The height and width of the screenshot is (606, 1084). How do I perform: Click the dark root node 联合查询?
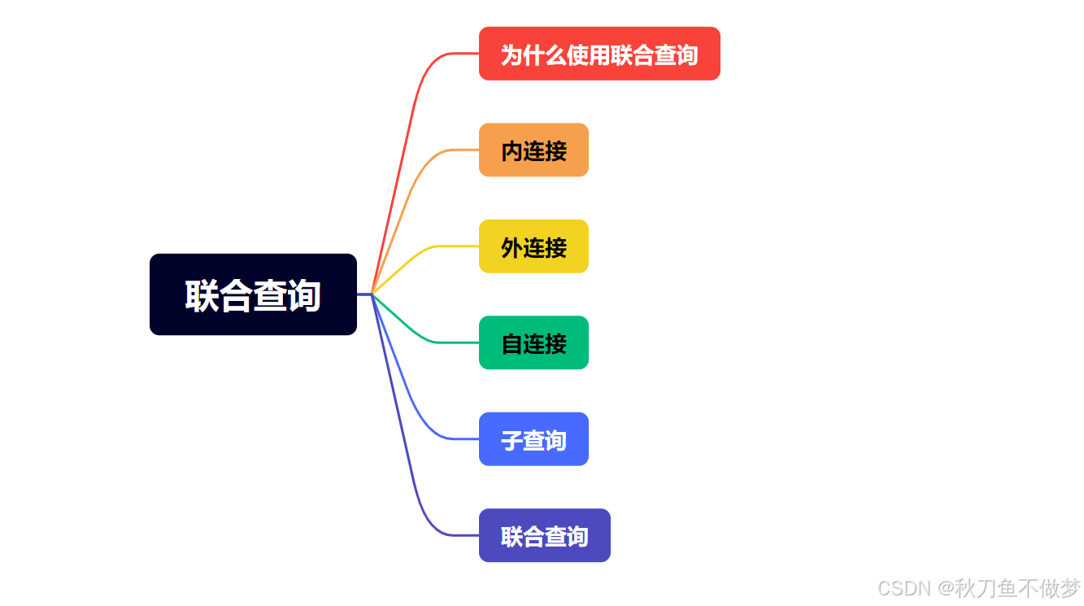[253, 294]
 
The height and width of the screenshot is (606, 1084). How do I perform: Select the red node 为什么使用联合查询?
[599, 54]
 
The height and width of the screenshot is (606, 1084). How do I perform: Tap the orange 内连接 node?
[533, 150]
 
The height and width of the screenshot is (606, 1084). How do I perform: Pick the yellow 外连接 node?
[533, 246]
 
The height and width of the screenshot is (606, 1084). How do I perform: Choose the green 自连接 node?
[533, 342]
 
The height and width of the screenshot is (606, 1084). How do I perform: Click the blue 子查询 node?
[533, 439]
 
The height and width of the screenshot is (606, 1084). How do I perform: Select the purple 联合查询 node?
[544, 535]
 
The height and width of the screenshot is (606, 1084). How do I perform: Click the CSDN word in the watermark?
[903, 588]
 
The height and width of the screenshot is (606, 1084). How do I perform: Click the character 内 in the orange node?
[512, 150]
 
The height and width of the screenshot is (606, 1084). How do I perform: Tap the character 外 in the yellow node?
[512, 246]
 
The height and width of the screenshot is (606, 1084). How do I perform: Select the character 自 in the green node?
[512, 343]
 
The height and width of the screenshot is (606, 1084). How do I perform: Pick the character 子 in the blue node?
[512, 440]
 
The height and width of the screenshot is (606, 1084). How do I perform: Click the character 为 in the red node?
[511, 54]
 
